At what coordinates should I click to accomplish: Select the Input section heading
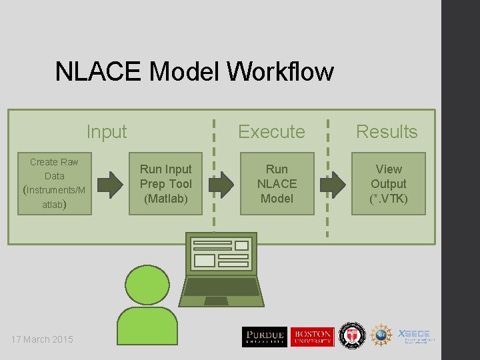[x=107, y=131]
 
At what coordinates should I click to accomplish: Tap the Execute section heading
[x=271, y=131]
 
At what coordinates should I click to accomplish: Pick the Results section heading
[x=387, y=131]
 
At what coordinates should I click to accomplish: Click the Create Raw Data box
[x=54, y=184]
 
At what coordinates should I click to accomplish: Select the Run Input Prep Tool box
[x=165, y=184]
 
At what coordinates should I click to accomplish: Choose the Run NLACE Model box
[x=277, y=184]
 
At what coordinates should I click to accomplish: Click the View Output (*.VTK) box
[x=389, y=184]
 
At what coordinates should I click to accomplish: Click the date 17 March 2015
[x=42, y=339]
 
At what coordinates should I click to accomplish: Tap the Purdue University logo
[x=264, y=337]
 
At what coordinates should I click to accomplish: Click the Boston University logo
[x=312, y=337]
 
